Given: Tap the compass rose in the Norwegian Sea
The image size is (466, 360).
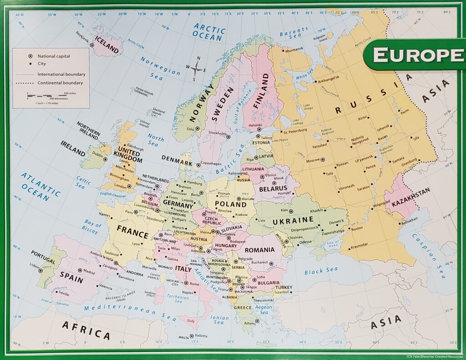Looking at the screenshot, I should click(197, 69).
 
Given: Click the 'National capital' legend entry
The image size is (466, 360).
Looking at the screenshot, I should click(50, 56).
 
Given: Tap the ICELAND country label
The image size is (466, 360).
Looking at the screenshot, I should click(108, 45).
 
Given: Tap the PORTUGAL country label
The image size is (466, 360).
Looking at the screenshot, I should click(43, 257).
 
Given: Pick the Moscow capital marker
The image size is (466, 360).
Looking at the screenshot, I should click(323, 160).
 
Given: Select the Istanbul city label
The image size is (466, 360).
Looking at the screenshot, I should click(283, 292).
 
